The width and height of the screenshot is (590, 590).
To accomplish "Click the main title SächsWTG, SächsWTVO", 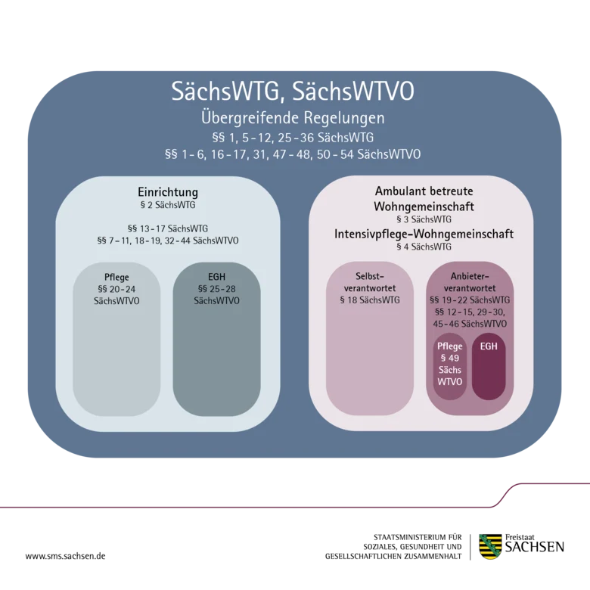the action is tap(293, 92).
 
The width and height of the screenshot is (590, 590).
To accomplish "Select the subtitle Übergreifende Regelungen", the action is tap(293, 118).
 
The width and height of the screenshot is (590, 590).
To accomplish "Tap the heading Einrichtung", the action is tap(168, 192).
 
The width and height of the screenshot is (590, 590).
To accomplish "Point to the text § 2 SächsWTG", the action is tap(168, 205).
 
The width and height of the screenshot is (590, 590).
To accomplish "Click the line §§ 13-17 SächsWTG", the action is tap(168, 228).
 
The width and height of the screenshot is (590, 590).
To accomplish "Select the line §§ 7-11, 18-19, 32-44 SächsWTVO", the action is tap(168, 241).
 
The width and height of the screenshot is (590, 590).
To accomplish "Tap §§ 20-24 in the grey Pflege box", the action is tap(116, 290).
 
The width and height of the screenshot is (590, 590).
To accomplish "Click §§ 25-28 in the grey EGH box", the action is tap(217, 289).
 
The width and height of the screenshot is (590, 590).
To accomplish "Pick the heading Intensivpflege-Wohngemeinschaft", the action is tap(424, 234).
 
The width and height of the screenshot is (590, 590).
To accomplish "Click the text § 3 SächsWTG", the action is tap(424, 219).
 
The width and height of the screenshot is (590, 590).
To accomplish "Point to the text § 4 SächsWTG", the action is tap(424, 247).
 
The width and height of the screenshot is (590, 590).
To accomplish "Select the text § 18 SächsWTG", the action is tap(370, 300).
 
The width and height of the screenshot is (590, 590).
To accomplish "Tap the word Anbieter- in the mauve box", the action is tap(470, 277).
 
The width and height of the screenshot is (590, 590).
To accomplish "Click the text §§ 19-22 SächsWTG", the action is tap(470, 300).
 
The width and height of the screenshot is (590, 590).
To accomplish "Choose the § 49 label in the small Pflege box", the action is tap(450, 359).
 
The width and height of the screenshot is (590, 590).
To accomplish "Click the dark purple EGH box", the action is tap(489, 367).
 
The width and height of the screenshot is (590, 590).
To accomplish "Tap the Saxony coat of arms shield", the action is tap(490, 546).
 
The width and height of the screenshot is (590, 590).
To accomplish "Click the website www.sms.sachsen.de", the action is tap(66, 556).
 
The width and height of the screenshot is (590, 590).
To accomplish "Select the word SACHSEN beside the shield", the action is tap(535, 547).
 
